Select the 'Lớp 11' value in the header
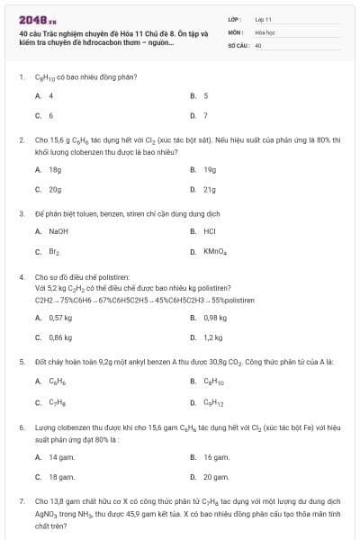263,18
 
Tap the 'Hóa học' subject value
264,31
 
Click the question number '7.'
21,499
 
